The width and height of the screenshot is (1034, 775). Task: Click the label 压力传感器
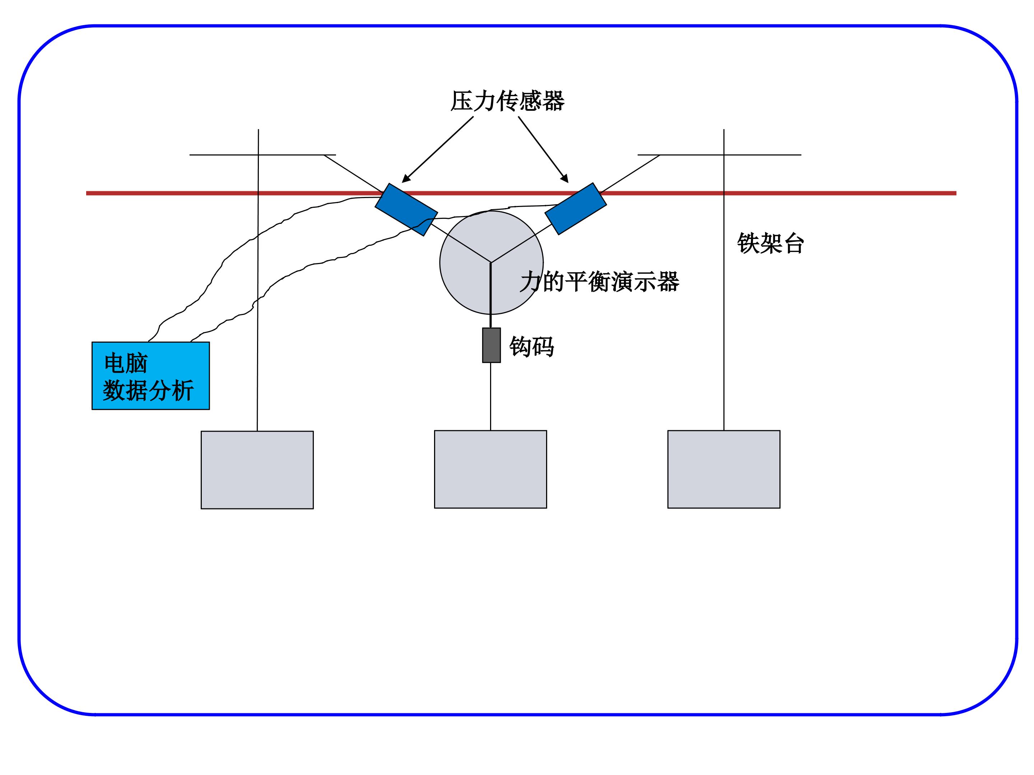click(507, 101)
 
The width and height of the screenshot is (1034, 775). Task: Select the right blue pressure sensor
click(576, 208)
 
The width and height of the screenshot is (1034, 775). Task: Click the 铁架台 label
click(770, 243)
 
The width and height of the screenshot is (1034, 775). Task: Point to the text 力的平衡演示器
click(600, 282)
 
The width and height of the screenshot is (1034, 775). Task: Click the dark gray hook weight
click(491, 345)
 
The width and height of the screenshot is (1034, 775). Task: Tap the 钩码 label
click(531, 347)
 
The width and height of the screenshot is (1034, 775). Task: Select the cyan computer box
click(150, 376)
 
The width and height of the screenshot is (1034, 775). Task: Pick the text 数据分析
click(149, 390)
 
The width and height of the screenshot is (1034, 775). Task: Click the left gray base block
click(257, 470)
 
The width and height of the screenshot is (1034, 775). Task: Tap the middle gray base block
click(490, 469)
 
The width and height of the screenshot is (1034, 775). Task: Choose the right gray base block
click(723, 469)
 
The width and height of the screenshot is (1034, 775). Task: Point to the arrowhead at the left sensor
click(406, 178)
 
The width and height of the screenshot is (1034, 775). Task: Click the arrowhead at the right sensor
click(565, 178)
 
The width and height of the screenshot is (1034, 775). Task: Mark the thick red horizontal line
click(521, 193)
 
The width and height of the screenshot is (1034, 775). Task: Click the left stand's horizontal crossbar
click(263, 155)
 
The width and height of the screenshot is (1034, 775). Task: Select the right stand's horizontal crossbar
click(719, 155)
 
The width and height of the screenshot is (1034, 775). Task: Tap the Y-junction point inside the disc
click(491, 263)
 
